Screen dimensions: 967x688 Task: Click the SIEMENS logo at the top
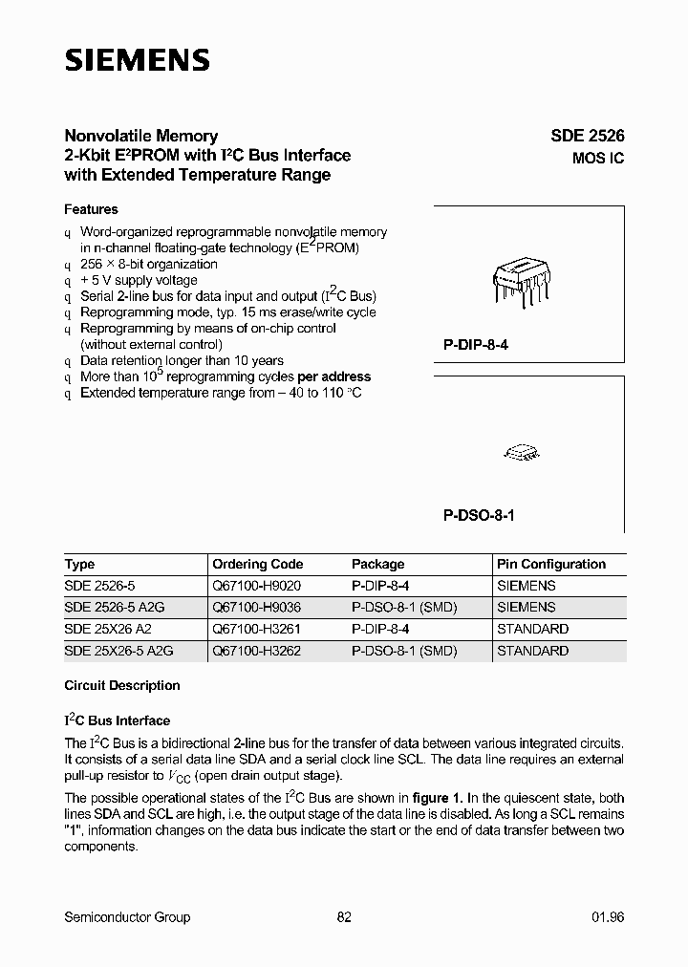(137, 60)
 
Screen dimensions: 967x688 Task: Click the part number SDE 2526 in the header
(587, 137)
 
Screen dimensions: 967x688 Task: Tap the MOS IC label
(598, 159)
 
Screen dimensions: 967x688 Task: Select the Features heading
(91, 209)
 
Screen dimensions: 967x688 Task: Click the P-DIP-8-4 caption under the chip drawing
(476, 344)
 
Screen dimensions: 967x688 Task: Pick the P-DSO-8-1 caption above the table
(479, 514)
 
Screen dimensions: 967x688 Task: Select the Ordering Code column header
(257, 564)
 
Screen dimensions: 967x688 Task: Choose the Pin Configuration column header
(551, 564)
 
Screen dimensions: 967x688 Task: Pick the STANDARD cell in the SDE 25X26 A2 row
(532, 629)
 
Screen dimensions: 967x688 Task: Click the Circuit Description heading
(121, 685)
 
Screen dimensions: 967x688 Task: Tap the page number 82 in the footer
(344, 917)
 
